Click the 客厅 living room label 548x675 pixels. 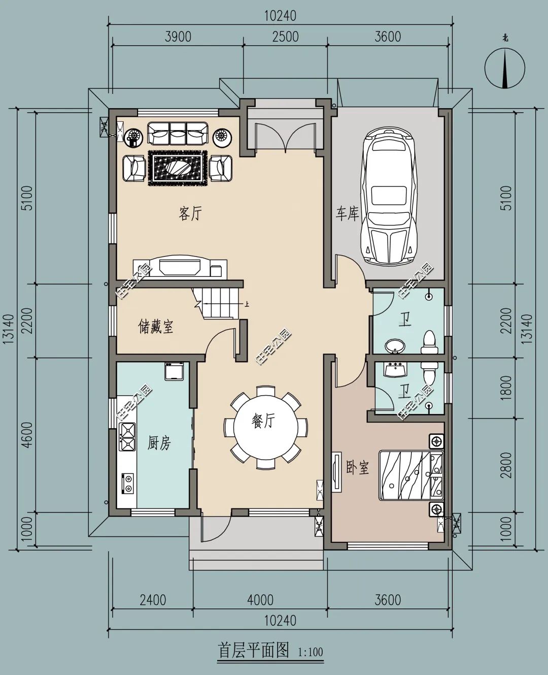190,213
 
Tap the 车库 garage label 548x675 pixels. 347,214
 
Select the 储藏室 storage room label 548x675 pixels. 156,327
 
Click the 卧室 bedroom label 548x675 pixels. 357,467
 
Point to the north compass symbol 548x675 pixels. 505,68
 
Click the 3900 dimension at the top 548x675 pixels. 178,37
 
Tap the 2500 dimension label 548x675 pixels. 286,37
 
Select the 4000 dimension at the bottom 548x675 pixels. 260,600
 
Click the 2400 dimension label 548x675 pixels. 153,600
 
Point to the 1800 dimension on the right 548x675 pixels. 506,388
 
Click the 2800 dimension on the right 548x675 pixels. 506,465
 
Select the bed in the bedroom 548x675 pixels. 411,475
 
